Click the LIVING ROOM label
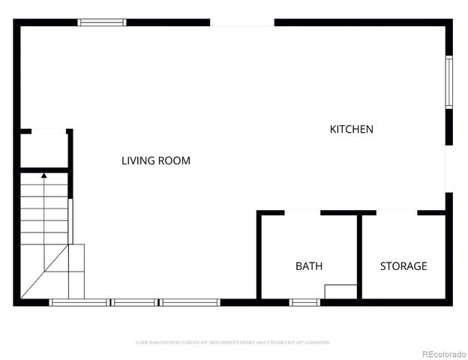tap(156, 160)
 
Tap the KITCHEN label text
tap(351, 129)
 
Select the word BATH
tap(308, 265)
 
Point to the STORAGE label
tap(403, 265)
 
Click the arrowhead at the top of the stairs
tap(43, 175)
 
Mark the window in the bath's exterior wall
tap(304, 302)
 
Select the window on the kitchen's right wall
tap(448, 82)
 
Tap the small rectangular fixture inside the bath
tap(340, 292)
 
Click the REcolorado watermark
tap(443, 354)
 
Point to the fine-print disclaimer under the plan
tap(232, 342)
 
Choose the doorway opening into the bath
tap(302, 213)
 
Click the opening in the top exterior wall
tap(241, 22)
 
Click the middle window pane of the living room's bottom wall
tap(136, 302)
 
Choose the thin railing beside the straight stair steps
tap(70, 220)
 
